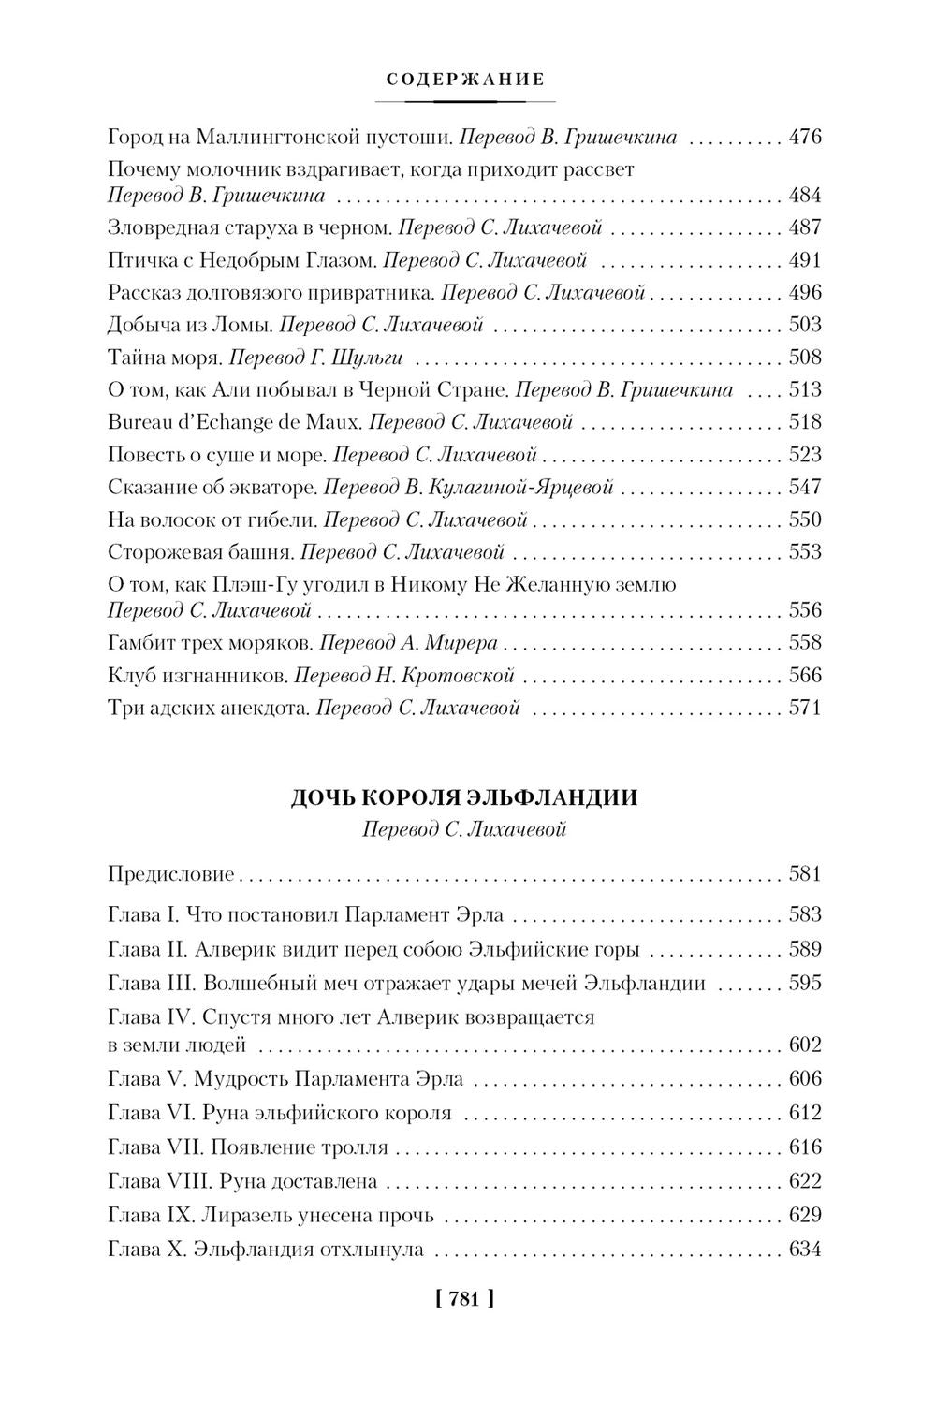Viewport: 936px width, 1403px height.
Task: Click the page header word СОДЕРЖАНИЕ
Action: [465, 80]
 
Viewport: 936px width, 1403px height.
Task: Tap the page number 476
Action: [805, 138]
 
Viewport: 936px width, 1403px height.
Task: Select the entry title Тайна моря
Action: [165, 358]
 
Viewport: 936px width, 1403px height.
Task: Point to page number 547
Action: [805, 487]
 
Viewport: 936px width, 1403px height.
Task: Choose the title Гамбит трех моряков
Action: [210, 643]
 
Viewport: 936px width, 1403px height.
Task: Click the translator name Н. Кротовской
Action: [462, 675]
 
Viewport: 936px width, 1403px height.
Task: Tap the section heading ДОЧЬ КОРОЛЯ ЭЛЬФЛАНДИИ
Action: [465, 798]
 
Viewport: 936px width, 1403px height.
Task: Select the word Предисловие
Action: [171, 875]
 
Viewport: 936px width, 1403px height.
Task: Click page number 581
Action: [805, 875]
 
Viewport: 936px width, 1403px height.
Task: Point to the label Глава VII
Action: [154, 1147]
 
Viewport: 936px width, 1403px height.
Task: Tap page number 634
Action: [805, 1250]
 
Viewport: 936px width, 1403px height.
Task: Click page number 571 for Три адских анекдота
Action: [805, 708]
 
